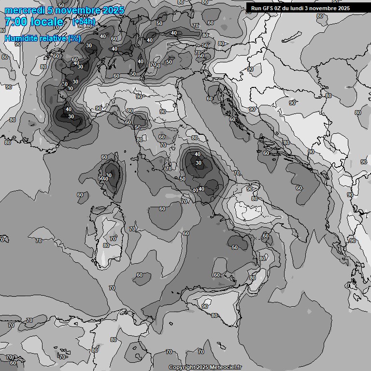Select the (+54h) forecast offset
point(84,22)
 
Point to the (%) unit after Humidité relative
point(74,38)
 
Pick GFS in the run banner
point(268,8)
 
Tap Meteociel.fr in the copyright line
point(224,368)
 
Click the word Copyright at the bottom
point(182,368)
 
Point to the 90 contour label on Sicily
point(205,306)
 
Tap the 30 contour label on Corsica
point(109,175)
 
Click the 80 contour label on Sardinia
point(106,245)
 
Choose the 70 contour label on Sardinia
point(113,239)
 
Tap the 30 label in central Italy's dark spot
point(199,163)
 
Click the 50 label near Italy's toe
point(235,247)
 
